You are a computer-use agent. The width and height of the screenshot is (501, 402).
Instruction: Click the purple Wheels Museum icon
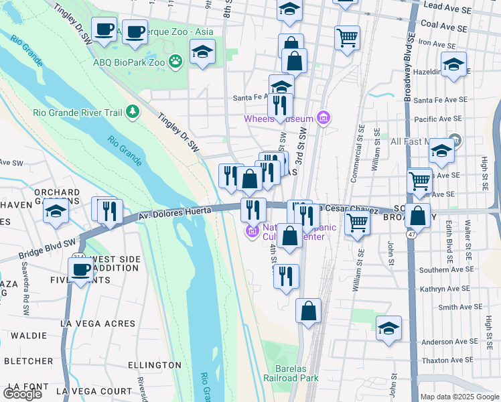pos(324,119)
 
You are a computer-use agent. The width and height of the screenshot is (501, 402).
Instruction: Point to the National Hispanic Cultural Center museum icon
pos(252,232)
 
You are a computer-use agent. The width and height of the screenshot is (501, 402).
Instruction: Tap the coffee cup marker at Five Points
pos(80,270)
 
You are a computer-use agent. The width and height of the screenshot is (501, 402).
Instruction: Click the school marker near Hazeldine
pos(453,64)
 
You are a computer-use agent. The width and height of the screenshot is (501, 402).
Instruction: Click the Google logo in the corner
pos(22,394)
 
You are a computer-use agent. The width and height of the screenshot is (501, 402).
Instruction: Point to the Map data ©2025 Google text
pos(459,397)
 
